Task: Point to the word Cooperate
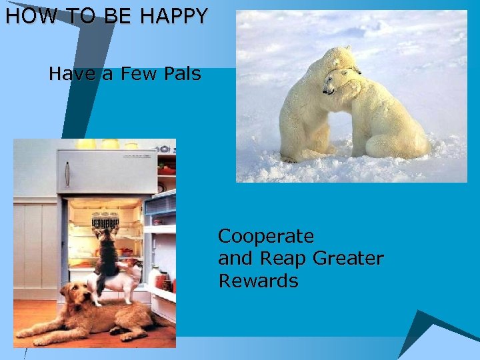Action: click(266, 237)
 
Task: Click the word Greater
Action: click(351, 259)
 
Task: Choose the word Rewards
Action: click(258, 281)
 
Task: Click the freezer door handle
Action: click(67, 174)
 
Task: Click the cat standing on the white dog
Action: click(107, 257)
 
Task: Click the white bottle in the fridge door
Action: click(155, 277)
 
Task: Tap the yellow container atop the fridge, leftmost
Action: click(86, 143)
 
